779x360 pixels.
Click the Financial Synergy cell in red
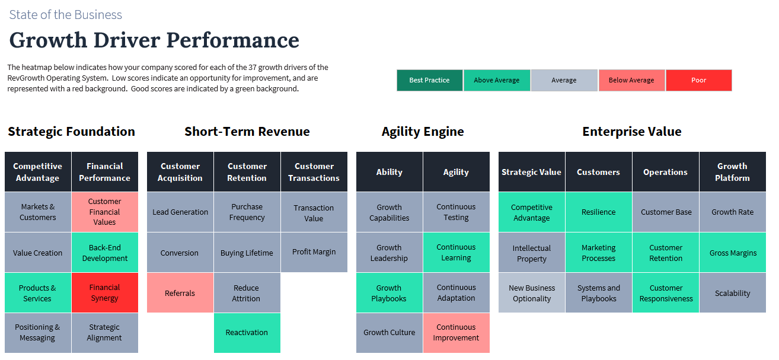coord(104,293)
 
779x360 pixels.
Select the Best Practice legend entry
coord(429,81)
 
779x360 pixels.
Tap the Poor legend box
coord(698,81)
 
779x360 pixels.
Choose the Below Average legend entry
coord(631,81)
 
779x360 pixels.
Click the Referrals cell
coord(180,293)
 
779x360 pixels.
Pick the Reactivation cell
coord(247,333)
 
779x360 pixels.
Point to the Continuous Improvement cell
coord(456,333)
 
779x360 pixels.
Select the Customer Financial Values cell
coord(104,212)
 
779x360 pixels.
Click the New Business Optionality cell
coord(532,293)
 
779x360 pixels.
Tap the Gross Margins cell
coord(733,253)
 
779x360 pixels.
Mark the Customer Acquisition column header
coord(180,172)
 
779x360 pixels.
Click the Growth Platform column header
coord(733,172)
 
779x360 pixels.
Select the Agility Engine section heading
coord(423,132)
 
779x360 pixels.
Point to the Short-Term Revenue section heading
coord(247,132)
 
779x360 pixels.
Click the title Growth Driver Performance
coord(154,40)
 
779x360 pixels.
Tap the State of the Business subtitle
coord(65,15)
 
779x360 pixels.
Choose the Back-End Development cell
coord(104,253)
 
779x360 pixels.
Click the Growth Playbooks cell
coord(389,293)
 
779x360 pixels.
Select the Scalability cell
coord(733,293)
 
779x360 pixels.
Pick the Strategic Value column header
coord(532,172)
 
